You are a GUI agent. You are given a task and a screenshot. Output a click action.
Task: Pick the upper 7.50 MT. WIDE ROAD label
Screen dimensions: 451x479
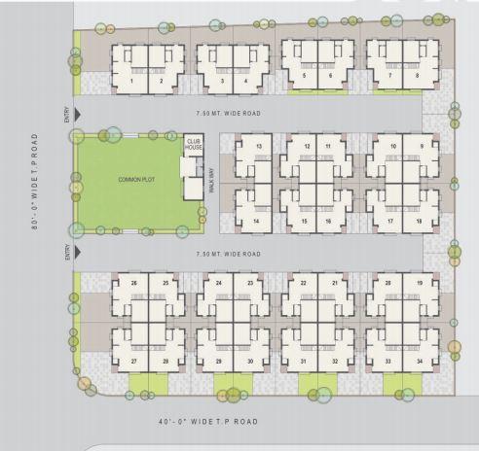228,114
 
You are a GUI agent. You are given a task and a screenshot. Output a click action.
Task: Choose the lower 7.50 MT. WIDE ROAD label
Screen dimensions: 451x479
228,254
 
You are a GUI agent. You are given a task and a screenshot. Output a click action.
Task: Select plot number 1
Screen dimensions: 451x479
131,82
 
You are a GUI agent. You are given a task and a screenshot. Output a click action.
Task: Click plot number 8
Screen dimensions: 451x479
418,75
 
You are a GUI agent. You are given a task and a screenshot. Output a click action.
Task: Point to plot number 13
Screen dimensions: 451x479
259,147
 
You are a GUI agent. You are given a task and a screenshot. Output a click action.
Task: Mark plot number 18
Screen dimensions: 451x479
418,222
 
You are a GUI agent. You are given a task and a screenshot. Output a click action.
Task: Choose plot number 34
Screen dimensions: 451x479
418,362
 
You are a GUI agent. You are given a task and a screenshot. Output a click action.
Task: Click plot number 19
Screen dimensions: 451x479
418,283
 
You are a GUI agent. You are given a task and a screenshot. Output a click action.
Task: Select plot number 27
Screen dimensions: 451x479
133,362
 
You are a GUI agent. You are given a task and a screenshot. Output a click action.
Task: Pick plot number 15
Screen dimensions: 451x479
305,222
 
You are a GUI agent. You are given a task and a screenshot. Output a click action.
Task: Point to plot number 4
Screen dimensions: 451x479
246,82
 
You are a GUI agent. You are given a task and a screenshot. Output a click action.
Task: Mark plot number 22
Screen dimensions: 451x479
305,283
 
